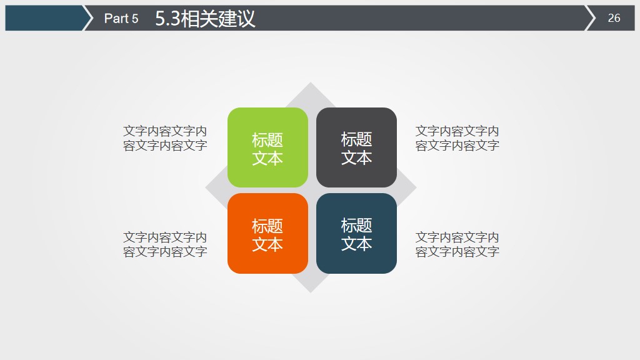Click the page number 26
[614, 18]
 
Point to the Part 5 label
[121, 19]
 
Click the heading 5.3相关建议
[205, 19]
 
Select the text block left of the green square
[165, 138]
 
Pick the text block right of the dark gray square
[457, 138]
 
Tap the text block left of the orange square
[165, 244]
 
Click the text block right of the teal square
[457, 244]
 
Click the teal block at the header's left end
[44, 18]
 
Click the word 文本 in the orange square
[267, 244]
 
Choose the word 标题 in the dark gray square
[356, 139]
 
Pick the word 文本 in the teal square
[356, 244]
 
